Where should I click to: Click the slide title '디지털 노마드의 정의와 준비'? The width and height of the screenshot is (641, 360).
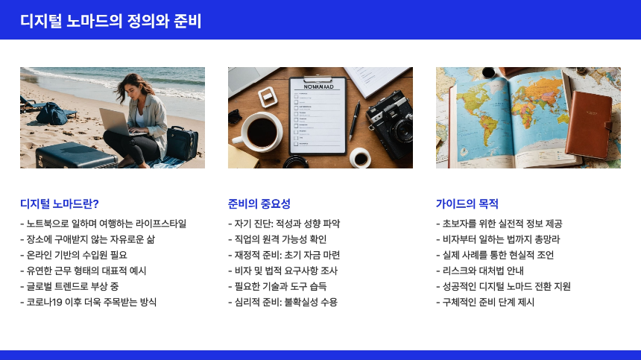pos(111,21)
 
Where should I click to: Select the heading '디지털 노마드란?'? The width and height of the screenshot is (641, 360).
pos(60,203)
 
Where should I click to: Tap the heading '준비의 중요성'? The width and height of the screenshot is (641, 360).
pos(259,203)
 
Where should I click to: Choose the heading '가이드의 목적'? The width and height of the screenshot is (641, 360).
pos(467,203)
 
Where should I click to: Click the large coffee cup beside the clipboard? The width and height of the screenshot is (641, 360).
pos(262,130)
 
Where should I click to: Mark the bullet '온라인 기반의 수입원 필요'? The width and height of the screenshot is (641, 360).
pos(83,255)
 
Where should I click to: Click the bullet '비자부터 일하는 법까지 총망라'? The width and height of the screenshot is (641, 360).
pos(498,239)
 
